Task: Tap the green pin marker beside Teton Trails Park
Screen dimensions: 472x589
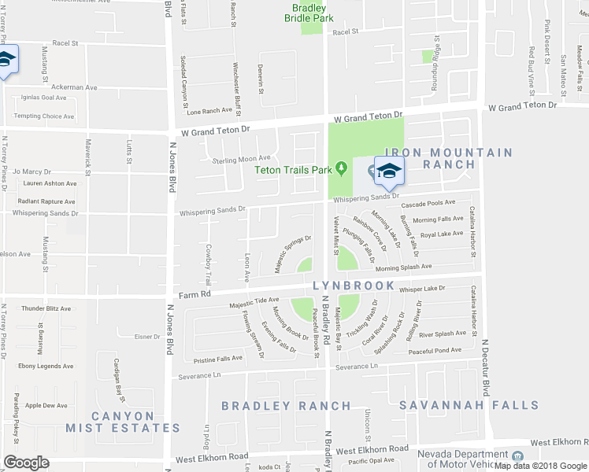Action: tap(341, 168)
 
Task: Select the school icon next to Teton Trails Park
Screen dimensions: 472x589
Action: tap(387, 170)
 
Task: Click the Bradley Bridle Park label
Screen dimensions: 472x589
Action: tap(308, 13)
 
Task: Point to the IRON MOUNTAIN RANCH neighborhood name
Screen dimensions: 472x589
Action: tap(448, 158)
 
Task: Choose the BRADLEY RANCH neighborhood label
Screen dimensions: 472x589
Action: tap(286, 406)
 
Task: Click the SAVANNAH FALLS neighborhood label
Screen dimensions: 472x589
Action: tap(469, 406)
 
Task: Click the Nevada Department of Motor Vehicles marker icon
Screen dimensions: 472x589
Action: tap(517, 456)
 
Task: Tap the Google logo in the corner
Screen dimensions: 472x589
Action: tap(27, 463)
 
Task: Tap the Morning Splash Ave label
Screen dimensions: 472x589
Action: tap(426, 267)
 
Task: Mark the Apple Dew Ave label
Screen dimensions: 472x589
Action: tap(46, 406)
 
